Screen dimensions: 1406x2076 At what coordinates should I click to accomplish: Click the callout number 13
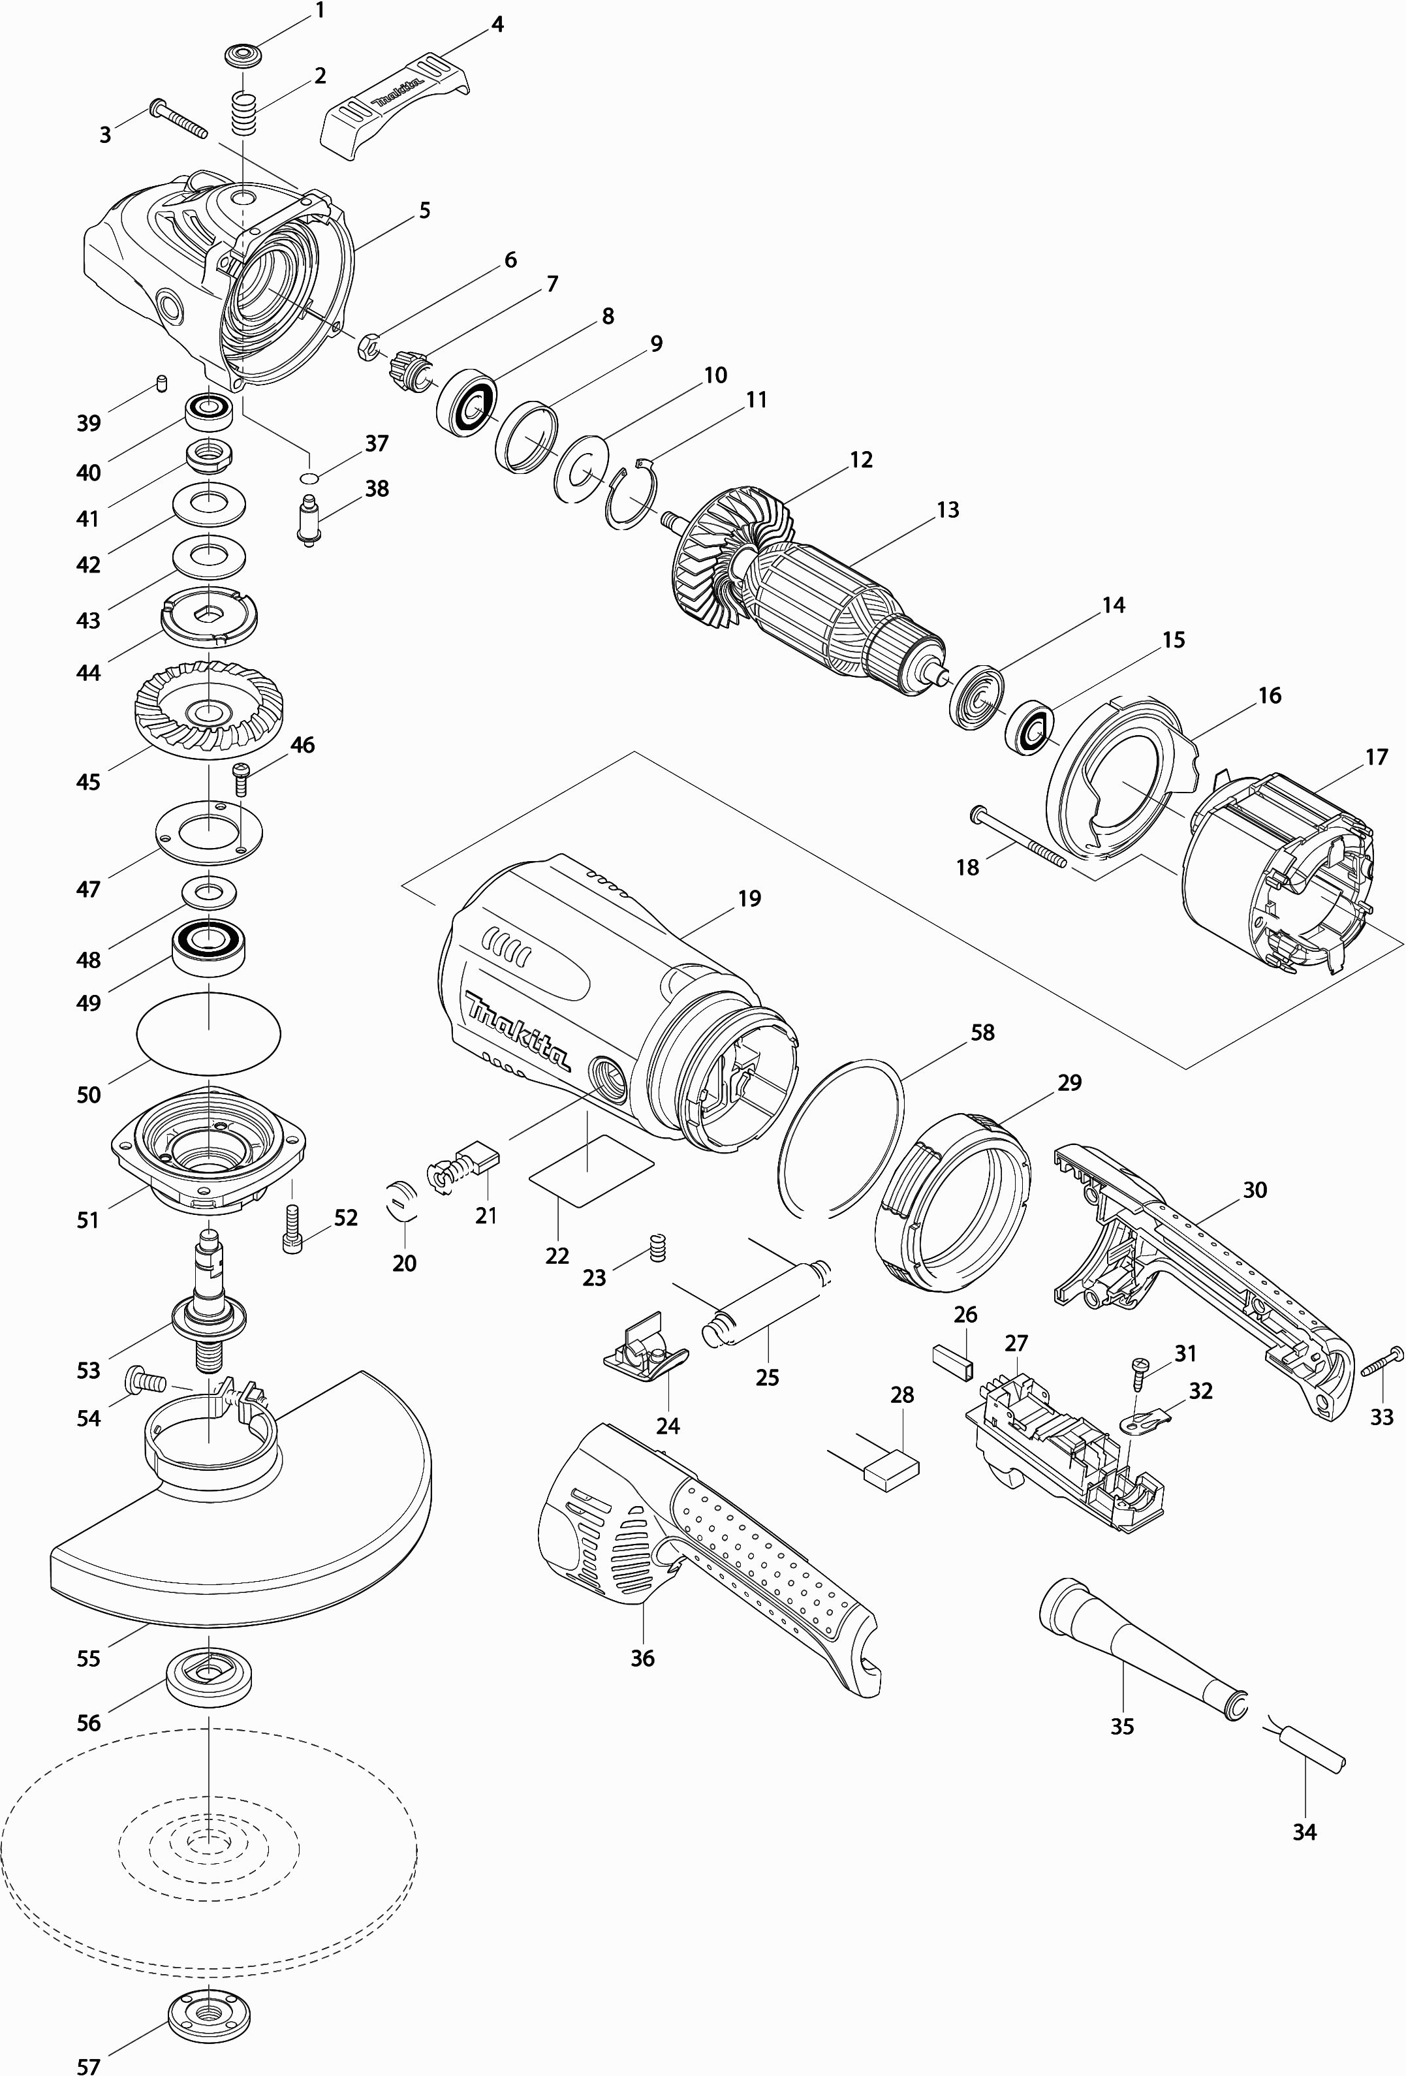click(x=947, y=509)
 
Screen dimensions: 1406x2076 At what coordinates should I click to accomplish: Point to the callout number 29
click(x=1069, y=1082)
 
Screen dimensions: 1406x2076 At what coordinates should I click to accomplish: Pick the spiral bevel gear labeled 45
click(x=208, y=703)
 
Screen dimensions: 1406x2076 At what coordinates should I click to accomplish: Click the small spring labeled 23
click(x=659, y=1246)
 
